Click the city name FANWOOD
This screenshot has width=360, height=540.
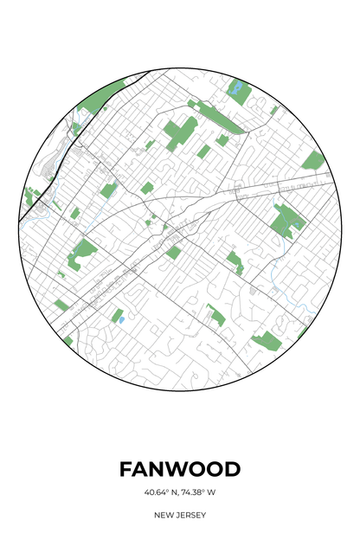tap(180, 469)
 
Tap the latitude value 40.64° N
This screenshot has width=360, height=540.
tap(162, 492)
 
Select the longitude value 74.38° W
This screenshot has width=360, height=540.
tap(198, 492)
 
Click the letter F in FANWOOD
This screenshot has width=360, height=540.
tap(126, 469)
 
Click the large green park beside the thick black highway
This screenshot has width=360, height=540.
tap(95, 105)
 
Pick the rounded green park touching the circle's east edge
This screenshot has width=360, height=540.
tap(313, 160)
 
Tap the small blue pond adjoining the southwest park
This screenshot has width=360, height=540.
tap(121, 319)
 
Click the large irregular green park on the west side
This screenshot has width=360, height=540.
tap(83, 252)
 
